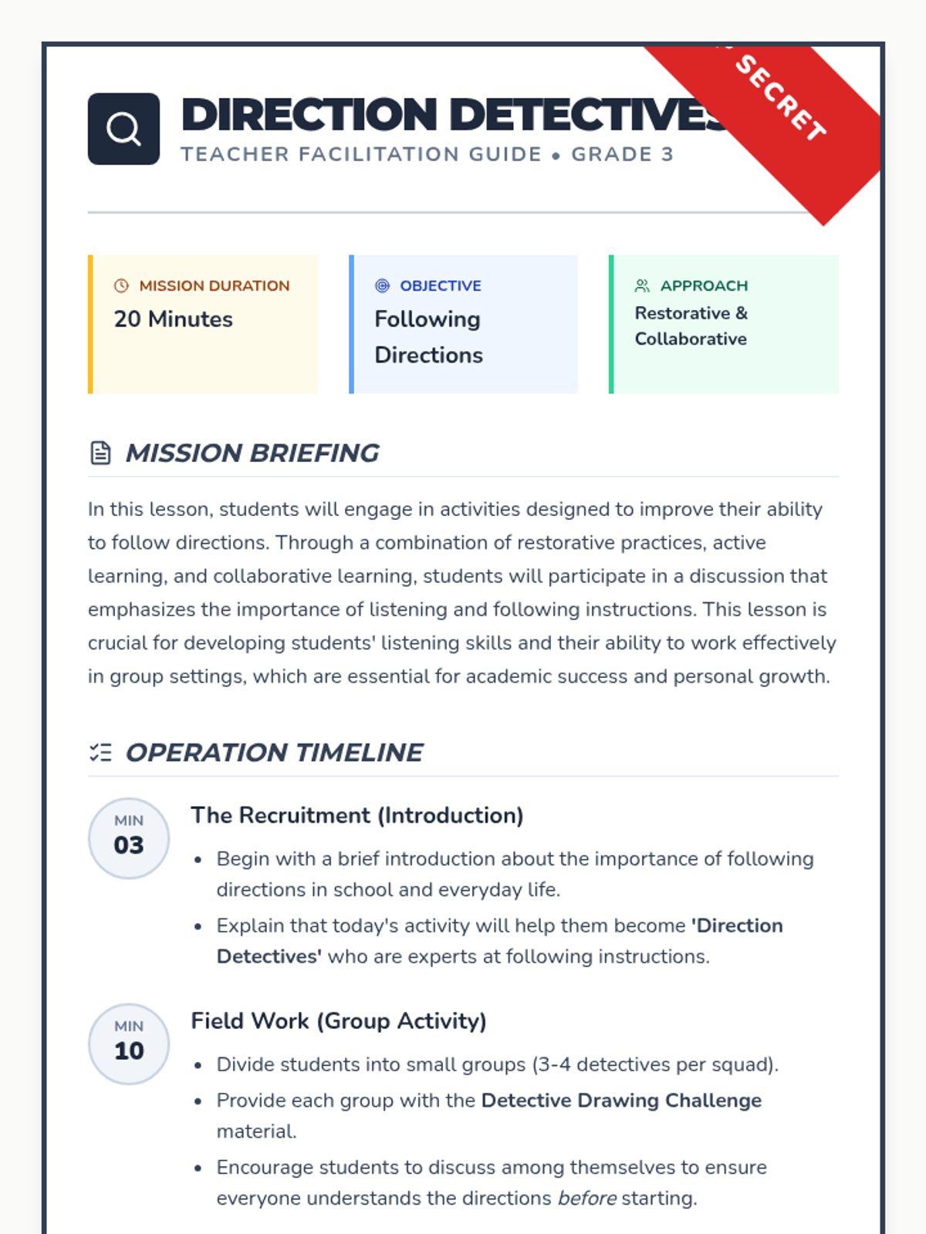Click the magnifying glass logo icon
tap(123, 129)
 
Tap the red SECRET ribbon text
tap(780, 97)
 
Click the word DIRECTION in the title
tap(309, 115)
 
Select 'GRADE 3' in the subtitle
tap(622, 154)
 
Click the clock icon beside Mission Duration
tap(121, 285)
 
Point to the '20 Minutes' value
tap(174, 319)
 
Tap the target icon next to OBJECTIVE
tap(382, 285)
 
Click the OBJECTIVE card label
tap(440, 285)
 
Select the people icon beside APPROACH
tap(642, 285)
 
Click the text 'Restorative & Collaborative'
tap(691, 325)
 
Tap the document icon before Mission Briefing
tap(100, 453)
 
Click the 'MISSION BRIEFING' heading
tap(252, 453)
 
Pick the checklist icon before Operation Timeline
tap(100, 752)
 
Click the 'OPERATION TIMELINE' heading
tap(274, 752)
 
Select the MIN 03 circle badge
tap(129, 838)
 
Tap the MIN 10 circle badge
tap(129, 1044)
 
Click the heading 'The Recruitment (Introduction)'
tap(357, 815)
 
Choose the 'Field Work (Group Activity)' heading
tap(339, 1020)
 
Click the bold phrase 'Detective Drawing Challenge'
tap(621, 1101)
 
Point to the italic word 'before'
tap(587, 1198)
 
